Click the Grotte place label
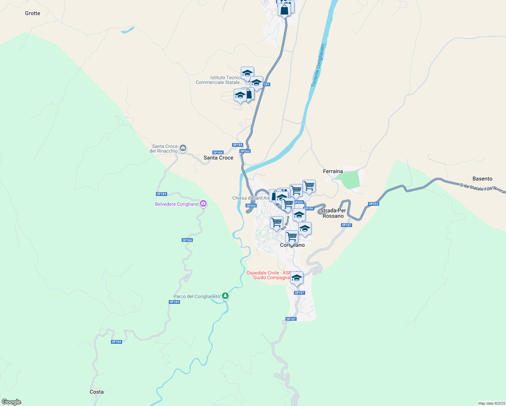click(x=32, y=13)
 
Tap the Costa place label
click(x=96, y=392)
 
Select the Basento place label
click(x=482, y=179)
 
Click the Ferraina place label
click(x=333, y=171)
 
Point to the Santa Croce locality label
click(x=218, y=158)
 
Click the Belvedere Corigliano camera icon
click(x=203, y=204)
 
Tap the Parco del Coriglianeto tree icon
click(x=225, y=296)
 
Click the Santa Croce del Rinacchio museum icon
click(x=183, y=148)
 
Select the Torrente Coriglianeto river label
click(x=318, y=65)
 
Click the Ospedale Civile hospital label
click(x=268, y=275)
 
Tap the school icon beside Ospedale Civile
click(x=297, y=278)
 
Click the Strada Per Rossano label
click(x=333, y=213)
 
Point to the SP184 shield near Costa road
click(x=116, y=342)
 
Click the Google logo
click(x=11, y=402)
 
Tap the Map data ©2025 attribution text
click(x=491, y=403)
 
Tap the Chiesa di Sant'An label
click(x=250, y=198)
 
